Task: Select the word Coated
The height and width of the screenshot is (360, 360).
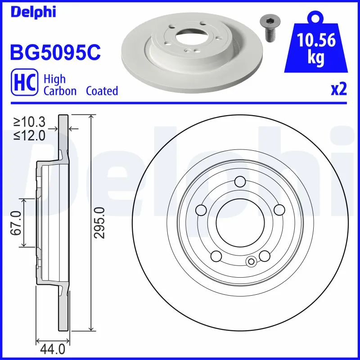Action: tap(102, 91)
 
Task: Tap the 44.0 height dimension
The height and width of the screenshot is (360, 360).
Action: tap(53, 349)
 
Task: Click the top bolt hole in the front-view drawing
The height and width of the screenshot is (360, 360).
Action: tap(240, 182)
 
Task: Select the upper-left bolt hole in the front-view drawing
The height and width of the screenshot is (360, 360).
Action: tap(201, 210)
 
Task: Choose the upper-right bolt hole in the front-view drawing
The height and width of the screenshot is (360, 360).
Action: tap(279, 210)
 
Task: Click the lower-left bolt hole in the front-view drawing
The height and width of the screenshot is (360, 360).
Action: tap(216, 256)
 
